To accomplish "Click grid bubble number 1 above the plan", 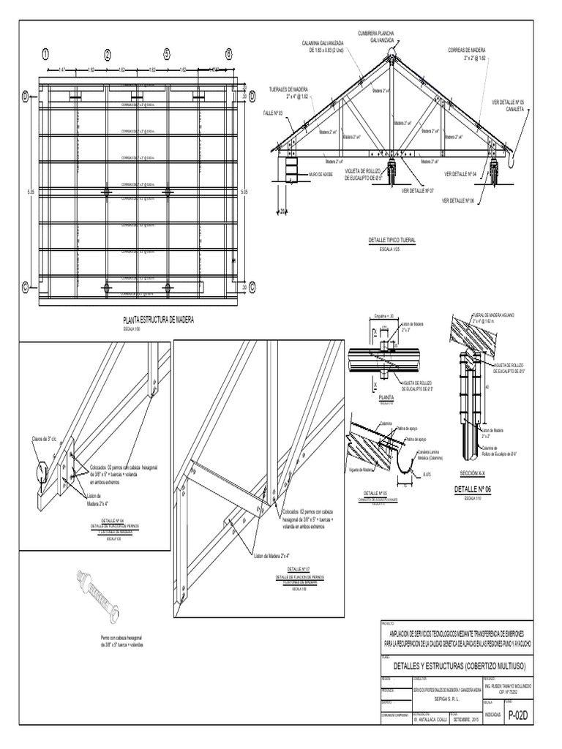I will pyautogui.click(x=45, y=53).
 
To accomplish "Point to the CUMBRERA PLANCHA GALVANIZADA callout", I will pyautogui.click(x=376, y=37).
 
